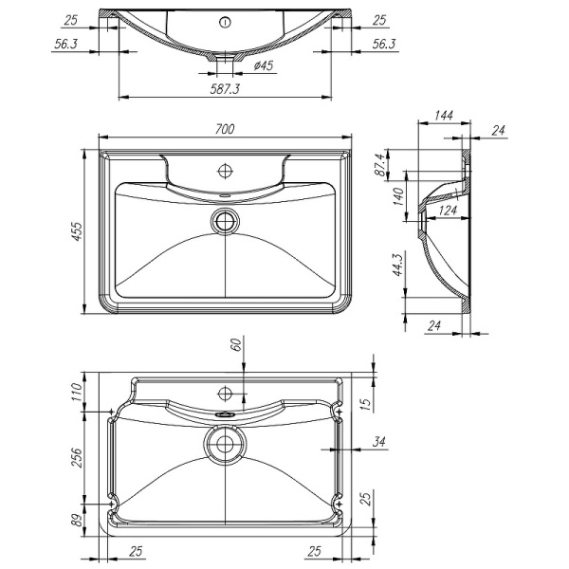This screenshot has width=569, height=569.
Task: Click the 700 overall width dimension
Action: click(226, 128)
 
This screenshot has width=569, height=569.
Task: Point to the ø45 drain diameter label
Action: click(265, 65)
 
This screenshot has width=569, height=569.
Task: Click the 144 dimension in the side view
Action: click(442, 116)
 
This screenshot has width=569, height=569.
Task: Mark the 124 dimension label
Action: click(450, 211)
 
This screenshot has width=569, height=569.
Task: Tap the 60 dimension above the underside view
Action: click(234, 346)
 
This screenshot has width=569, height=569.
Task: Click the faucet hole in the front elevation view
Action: click(225, 21)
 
